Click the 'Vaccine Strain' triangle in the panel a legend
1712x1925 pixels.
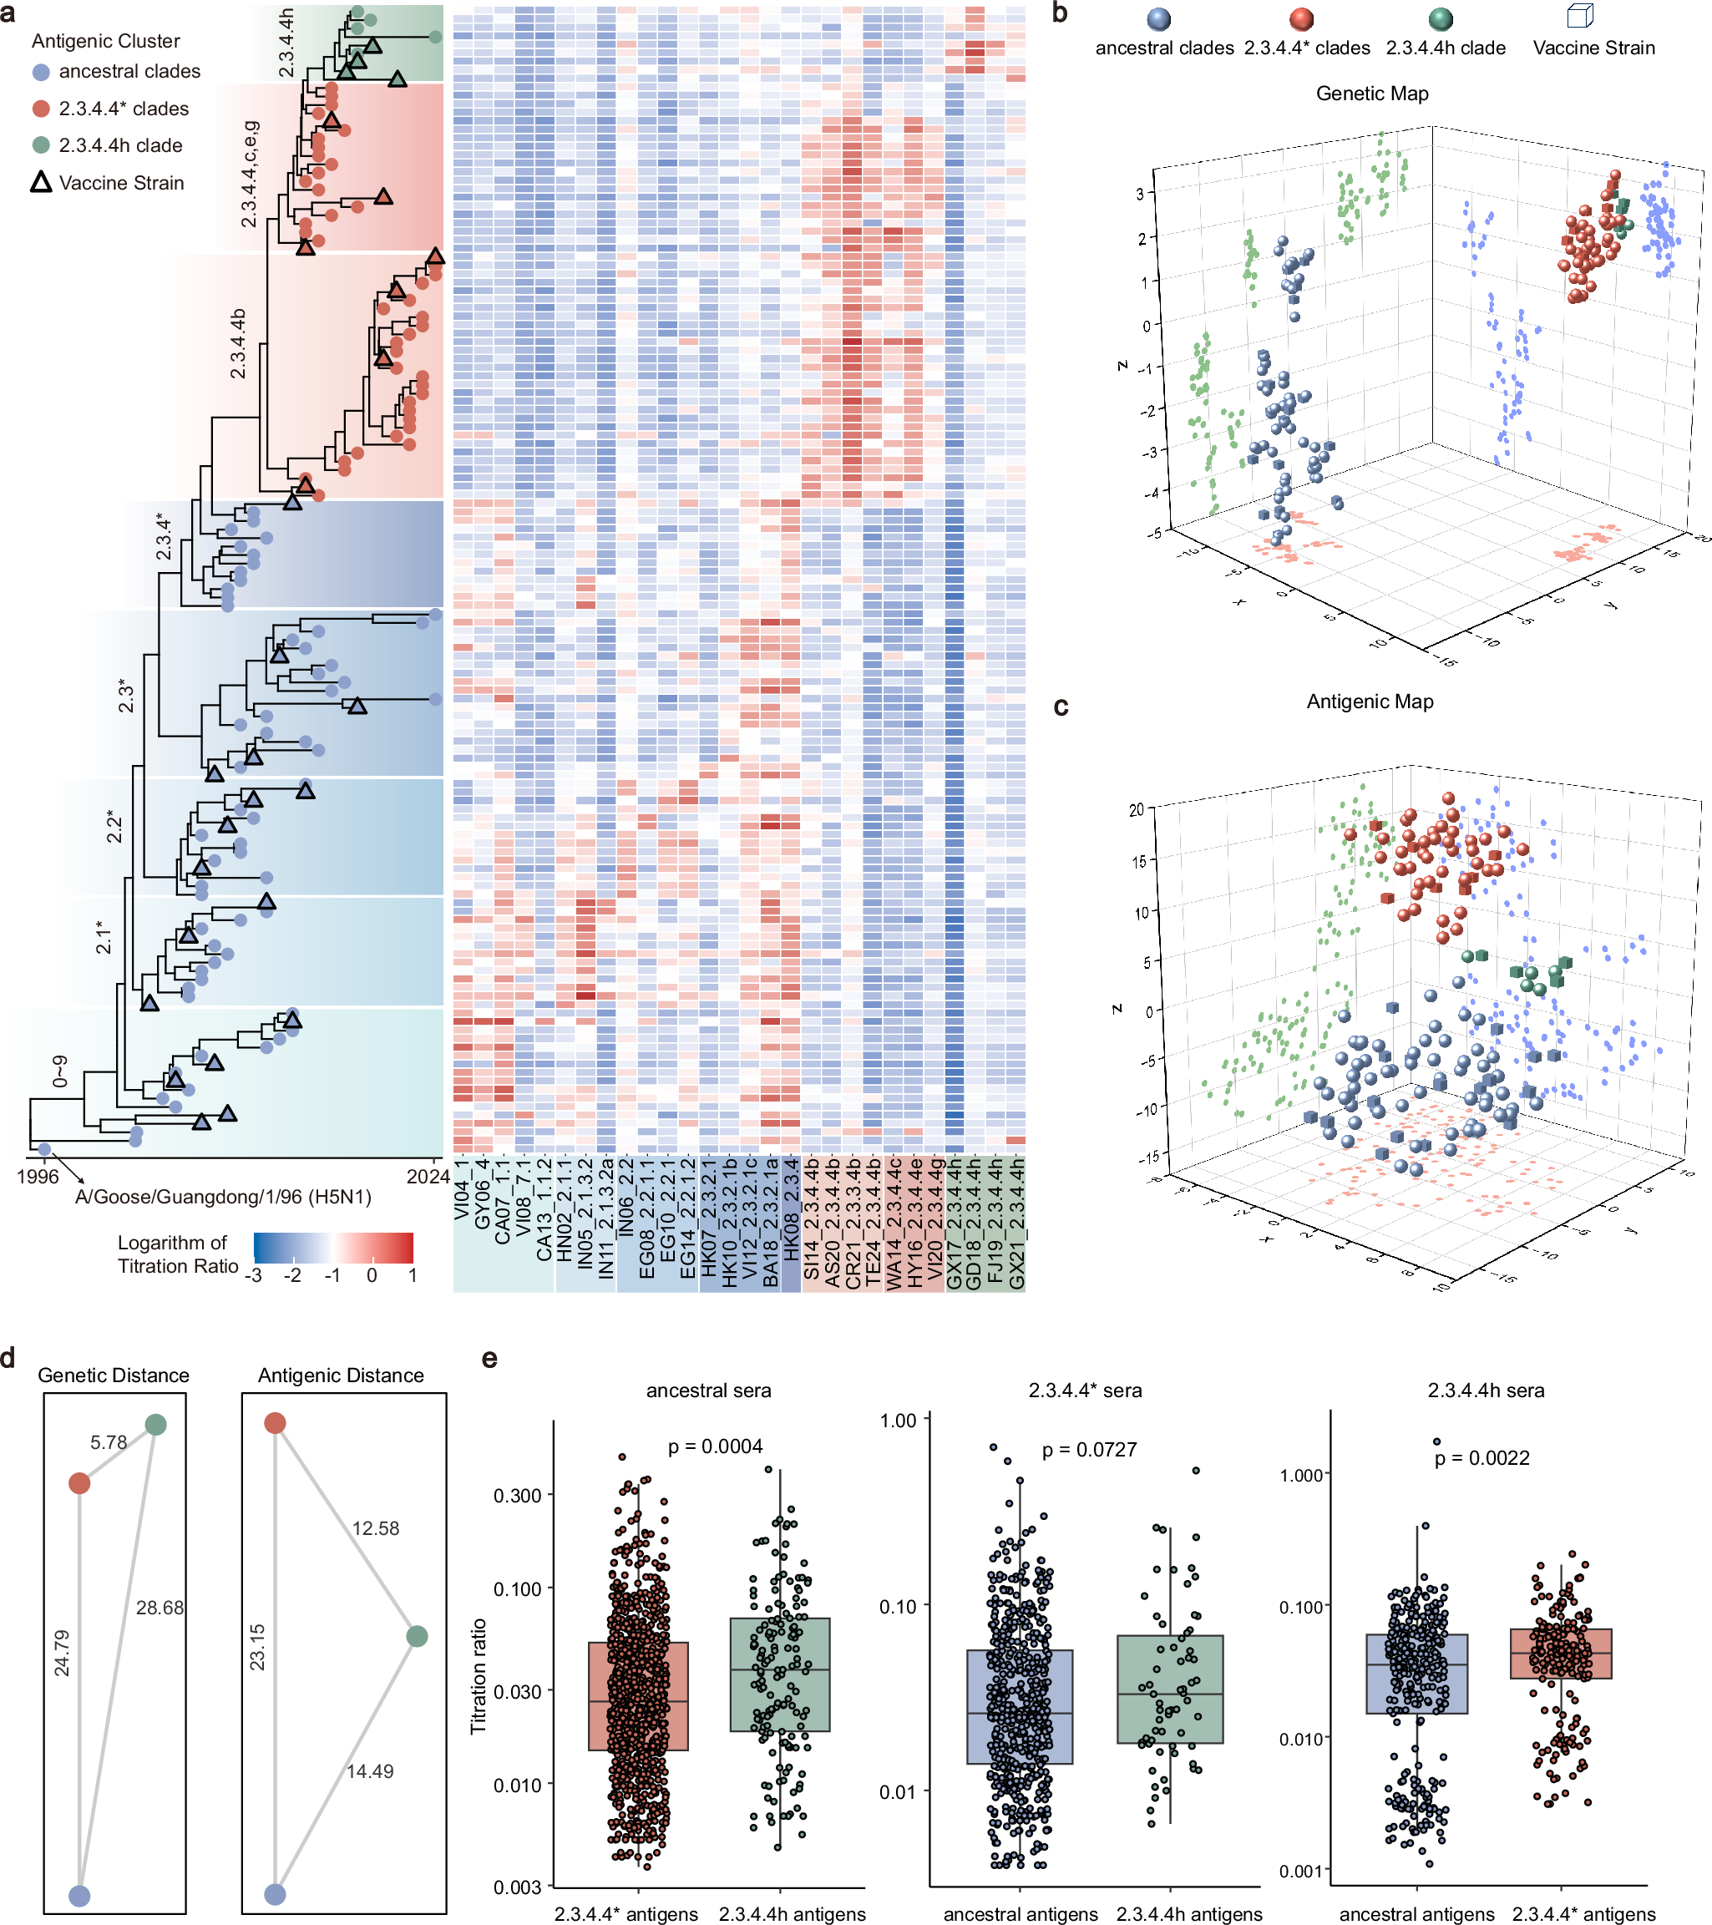40,182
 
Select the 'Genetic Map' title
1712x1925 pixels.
1371,94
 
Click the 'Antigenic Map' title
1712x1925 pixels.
1370,702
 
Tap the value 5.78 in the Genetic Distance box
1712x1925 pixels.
109,1441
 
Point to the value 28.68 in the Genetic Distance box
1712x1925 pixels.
160,1607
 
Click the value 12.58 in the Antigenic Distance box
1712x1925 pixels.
375,1527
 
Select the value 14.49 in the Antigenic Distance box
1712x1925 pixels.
369,1770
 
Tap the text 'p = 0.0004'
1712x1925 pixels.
715,1446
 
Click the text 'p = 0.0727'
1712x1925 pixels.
1089,1450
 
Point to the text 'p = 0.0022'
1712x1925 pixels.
1482,1458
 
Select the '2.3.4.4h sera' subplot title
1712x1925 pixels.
1485,1390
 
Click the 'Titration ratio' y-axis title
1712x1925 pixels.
479,1676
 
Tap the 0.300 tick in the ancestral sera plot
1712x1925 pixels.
517,1496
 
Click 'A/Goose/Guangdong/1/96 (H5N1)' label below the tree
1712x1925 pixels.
223,1196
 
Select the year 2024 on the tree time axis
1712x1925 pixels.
428,1176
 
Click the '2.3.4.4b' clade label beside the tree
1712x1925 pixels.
238,344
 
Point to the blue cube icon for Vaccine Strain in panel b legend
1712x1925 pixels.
1579,17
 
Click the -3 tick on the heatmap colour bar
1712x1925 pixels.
253,1275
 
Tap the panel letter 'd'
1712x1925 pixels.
8,1358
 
